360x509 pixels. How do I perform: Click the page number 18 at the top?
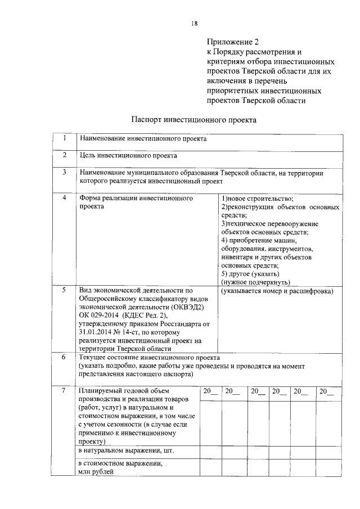point(194,23)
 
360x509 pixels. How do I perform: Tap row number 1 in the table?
point(65,138)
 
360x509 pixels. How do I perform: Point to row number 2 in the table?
point(65,155)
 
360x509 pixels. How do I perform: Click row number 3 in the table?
point(65,173)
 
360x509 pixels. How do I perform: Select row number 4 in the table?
point(65,199)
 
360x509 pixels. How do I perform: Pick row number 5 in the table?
point(65,291)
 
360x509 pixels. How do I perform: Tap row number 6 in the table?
point(65,357)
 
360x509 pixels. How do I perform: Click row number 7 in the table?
point(65,390)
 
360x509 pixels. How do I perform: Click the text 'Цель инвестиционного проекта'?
point(128,155)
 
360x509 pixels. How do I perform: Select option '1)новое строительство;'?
point(257,199)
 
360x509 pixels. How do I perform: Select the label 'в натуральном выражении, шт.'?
point(126,451)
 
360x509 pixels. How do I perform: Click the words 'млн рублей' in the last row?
point(96,472)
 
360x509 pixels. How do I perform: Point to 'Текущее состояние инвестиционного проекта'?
point(149,357)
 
